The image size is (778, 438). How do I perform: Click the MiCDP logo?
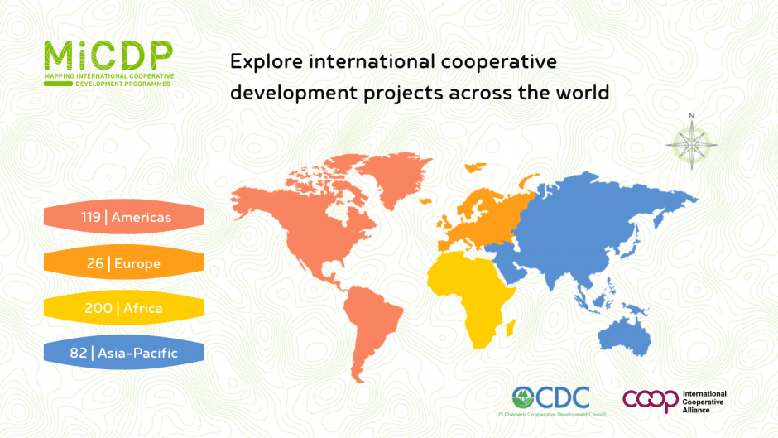coord(109,64)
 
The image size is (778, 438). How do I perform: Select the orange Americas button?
coord(123,217)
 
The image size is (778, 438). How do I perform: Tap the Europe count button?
coord(123,262)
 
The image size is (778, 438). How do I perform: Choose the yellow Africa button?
coord(123,308)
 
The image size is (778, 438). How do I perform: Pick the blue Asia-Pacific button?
coord(123,353)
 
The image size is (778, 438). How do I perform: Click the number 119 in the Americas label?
coord(91,217)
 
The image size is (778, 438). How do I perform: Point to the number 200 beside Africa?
coord(98,308)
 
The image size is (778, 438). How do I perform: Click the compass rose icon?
coord(692,144)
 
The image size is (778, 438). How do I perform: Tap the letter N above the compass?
coord(692,116)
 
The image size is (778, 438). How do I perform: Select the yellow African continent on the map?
coord(472,293)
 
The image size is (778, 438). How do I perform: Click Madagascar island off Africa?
coord(510,327)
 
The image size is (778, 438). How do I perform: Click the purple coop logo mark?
coord(651,401)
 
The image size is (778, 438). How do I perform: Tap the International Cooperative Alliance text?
coord(704,402)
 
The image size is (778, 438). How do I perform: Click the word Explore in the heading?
coord(267,63)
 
